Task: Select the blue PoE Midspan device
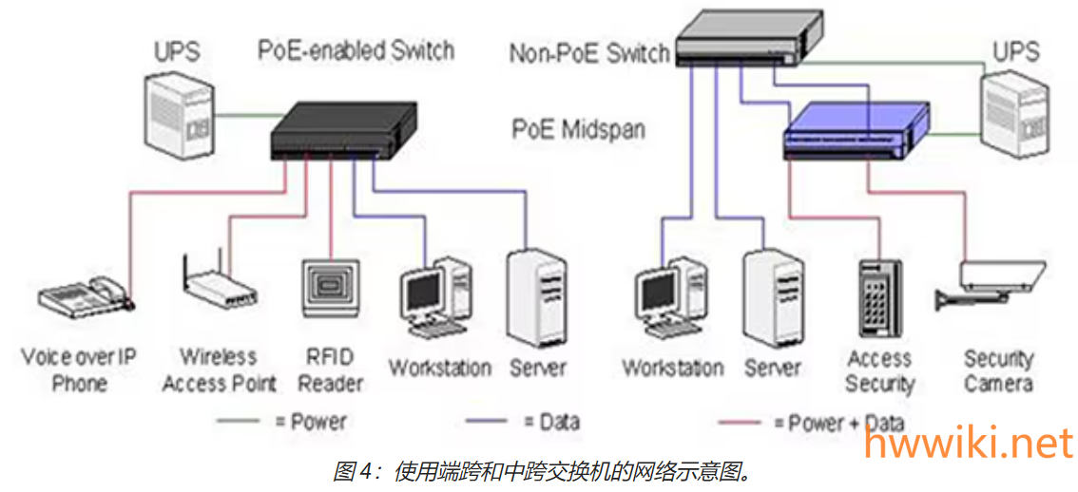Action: click(x=854, y=131)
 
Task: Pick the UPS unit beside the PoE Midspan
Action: click(x=1018, y=114)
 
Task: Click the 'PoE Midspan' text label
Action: click(x=578, y=129)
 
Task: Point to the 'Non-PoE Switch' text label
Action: click(x=589, y=53)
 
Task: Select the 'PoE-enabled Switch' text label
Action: click(x=356, y=48)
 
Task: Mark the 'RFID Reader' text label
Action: click(x=331, y=370)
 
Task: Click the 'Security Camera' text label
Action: click(x=997, y=371)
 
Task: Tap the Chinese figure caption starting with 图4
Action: click(x=540, y=471)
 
